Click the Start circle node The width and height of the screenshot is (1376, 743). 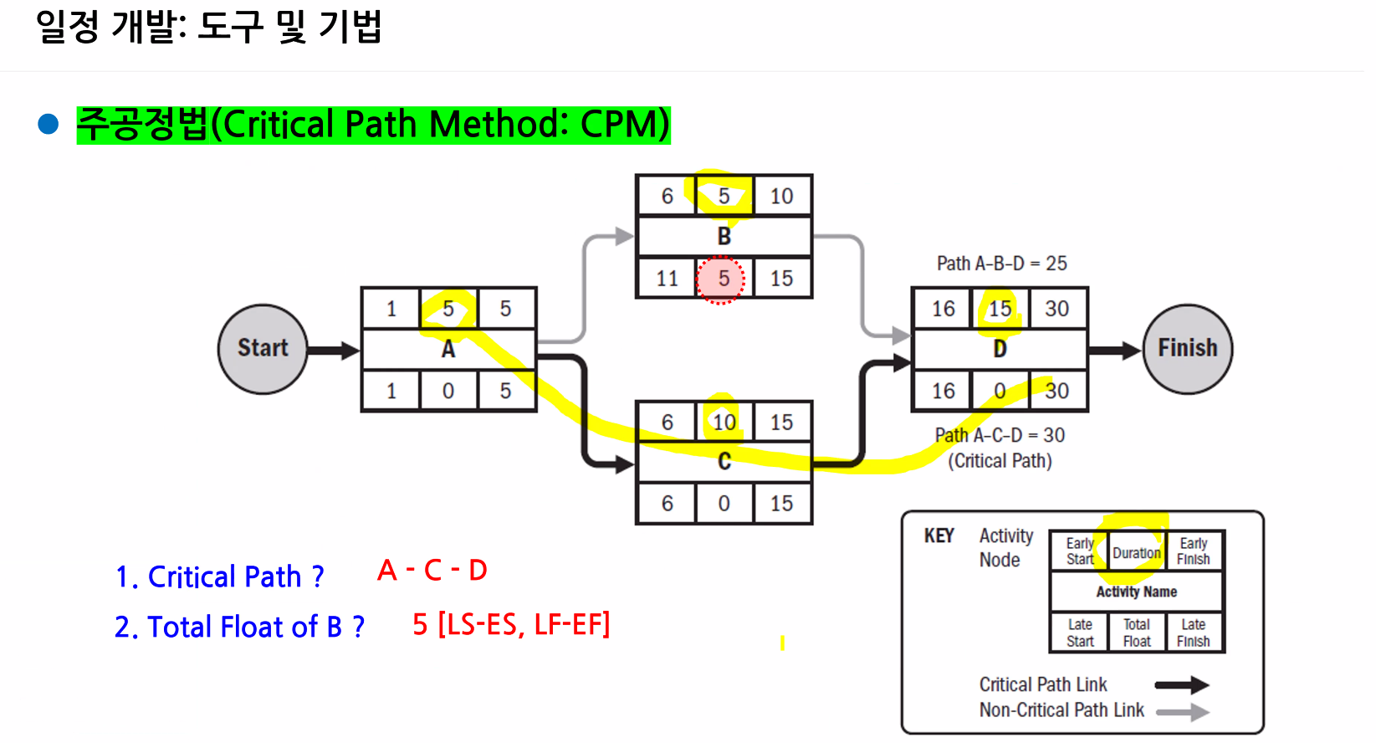click(x=263, y=349)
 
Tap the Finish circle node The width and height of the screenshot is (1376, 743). click(x=1188, y=349)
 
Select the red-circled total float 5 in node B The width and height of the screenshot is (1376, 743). click(x=720, y=279)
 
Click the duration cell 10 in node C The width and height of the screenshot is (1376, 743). click(x=724, y=423)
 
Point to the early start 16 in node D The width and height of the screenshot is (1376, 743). click(x=944, y=309)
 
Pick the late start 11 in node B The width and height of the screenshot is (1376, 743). click(x=668, y=279)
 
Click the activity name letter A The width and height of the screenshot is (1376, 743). click(x=448, y=350)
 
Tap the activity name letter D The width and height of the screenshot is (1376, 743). click(x=1000, y=349)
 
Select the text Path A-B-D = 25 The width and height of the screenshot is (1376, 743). click(x=1002, y=264)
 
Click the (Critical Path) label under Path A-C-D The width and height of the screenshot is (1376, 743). click(x=1000, y=461)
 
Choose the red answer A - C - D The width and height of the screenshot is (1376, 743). click(x=432, y=571)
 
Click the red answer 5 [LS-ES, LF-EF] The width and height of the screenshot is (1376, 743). click(x=511, y=624)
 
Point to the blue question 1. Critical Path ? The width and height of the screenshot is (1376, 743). click(x=219, y=576)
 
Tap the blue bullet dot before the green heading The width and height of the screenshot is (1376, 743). click(x=48, y=124)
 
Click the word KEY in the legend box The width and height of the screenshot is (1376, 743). click(x=939, y=535)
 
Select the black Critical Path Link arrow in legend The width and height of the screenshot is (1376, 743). click(x=1182, y=684)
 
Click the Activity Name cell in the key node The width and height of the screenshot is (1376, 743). click(x=1137, y=592)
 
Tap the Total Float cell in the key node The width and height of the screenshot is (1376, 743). click(x=1137, y=633)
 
